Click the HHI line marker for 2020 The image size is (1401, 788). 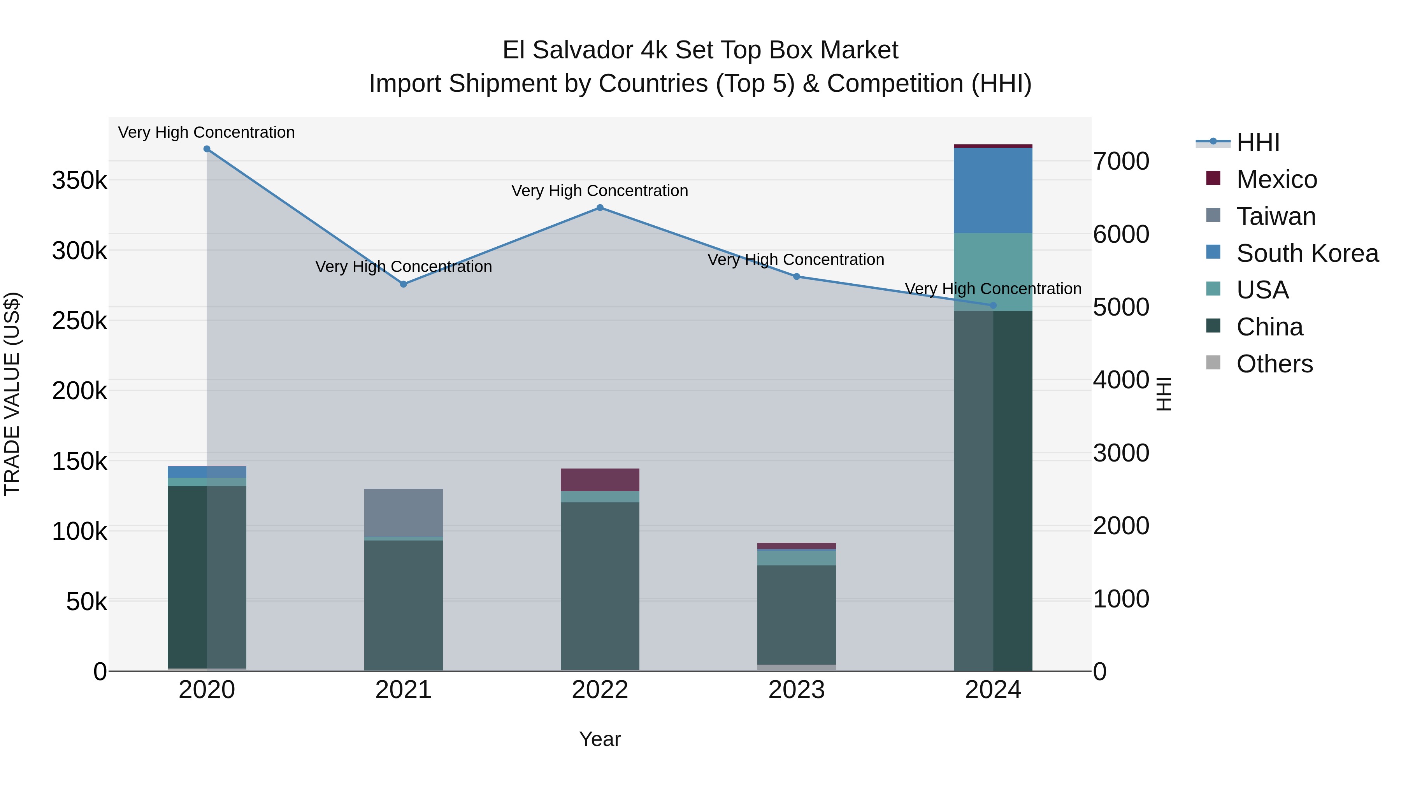click(207, 149)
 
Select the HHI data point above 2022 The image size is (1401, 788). click(600, 208)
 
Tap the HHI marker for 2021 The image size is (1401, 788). click(404, 284)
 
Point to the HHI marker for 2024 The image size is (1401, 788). click(993, 305)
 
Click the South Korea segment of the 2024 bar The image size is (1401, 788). click(993, 190)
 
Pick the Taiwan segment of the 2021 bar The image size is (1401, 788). click(404, 513)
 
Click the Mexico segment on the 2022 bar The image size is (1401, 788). click(600, 480)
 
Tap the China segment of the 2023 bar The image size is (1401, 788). click(797, 614)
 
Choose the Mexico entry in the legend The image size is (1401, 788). click(1276, 179)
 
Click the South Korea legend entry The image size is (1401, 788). click(1307, 253)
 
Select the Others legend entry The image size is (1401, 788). click(1274, 364)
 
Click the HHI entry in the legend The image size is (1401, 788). click(1257, 142)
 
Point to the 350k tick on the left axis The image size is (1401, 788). click(79, 181)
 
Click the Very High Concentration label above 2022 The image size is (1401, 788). click(600, 191)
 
